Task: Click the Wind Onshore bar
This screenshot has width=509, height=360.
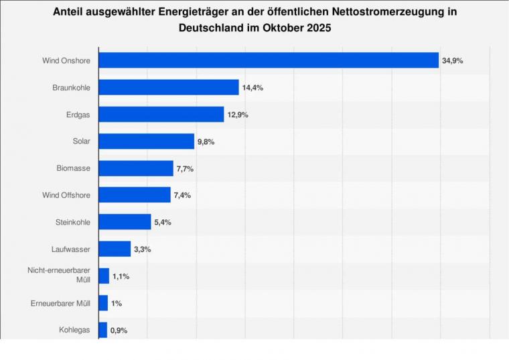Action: [x=269, y=60]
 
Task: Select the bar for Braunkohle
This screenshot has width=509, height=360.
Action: [x=169, y=87]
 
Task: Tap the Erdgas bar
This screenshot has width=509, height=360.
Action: [x=161, y=115]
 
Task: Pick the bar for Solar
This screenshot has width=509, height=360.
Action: [x=147, y=141]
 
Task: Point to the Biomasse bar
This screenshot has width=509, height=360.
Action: [x=136, y=168]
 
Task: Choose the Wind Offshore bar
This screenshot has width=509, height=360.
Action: [x=135, y=195]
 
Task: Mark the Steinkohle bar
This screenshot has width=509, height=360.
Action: [x=125, y=222]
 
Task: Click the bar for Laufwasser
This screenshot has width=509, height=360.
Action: [x=115, y=249]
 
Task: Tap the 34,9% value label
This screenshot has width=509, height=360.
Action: [x=453, y=61]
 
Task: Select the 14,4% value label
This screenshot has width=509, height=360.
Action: [x=252, y=88]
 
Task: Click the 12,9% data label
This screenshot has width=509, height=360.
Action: [x=238, y=115]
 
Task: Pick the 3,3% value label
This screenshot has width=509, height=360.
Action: [x=143, y=249]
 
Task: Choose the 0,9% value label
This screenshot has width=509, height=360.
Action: [x=119, y=331]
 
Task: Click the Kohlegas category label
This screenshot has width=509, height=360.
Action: [x=74, y=330]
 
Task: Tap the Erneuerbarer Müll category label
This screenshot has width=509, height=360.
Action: [x=60, y=303]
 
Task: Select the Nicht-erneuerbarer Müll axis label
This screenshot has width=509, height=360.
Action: [x=60, y=276]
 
